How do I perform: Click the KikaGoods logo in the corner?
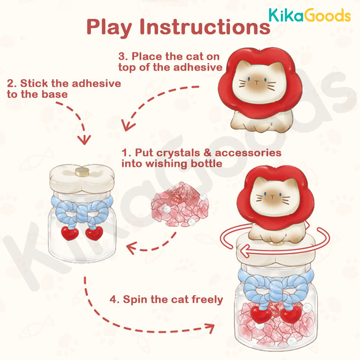point(310,15)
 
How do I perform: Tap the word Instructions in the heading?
point(205,27)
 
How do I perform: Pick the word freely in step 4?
point(207,300)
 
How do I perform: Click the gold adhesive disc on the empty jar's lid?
point(82,172)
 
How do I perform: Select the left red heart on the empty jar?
point(70,233)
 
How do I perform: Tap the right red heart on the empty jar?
point(94,233)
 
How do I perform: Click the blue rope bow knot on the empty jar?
point(82,211)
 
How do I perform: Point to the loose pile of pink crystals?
point(180,204)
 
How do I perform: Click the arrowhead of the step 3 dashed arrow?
point(127,126)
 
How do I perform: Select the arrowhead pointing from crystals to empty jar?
point(131,248)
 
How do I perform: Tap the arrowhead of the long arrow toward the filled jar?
point(210,328)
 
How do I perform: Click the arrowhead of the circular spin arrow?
point(246,251)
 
